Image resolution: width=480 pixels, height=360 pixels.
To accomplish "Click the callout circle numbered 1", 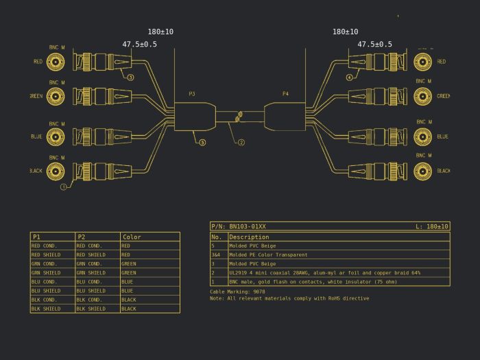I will pos(64,187).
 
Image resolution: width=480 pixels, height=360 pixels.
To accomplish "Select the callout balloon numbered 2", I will pos(241,143).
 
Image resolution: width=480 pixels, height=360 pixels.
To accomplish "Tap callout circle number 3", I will pos(130,77).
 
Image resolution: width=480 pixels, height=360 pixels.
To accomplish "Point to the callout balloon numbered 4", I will pos(349,77).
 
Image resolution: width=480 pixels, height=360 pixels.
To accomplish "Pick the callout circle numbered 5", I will pos(202,143).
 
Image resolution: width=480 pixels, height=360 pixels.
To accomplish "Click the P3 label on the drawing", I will pos(192,94).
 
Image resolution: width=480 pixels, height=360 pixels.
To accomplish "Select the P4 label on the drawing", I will pos(285,94).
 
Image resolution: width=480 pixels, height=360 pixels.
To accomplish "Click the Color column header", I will pos(132,237).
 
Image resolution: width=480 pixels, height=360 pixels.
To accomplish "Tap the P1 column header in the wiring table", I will pos(36,237).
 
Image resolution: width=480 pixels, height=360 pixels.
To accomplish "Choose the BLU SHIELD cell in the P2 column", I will pos(91,291).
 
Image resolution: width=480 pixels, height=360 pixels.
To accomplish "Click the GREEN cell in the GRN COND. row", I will pos(129,264).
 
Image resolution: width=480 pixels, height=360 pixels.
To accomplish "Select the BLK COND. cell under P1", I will pos(45,300).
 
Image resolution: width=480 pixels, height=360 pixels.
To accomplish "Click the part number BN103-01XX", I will pos(248,226).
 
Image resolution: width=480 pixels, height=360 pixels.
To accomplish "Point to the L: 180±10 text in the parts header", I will pos(432,226).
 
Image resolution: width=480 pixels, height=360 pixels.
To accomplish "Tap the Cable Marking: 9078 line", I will pos(237,291).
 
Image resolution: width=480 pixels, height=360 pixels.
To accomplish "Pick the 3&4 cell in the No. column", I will pos(217,254).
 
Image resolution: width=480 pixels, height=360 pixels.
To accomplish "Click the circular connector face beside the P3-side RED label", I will pos(56,62).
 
